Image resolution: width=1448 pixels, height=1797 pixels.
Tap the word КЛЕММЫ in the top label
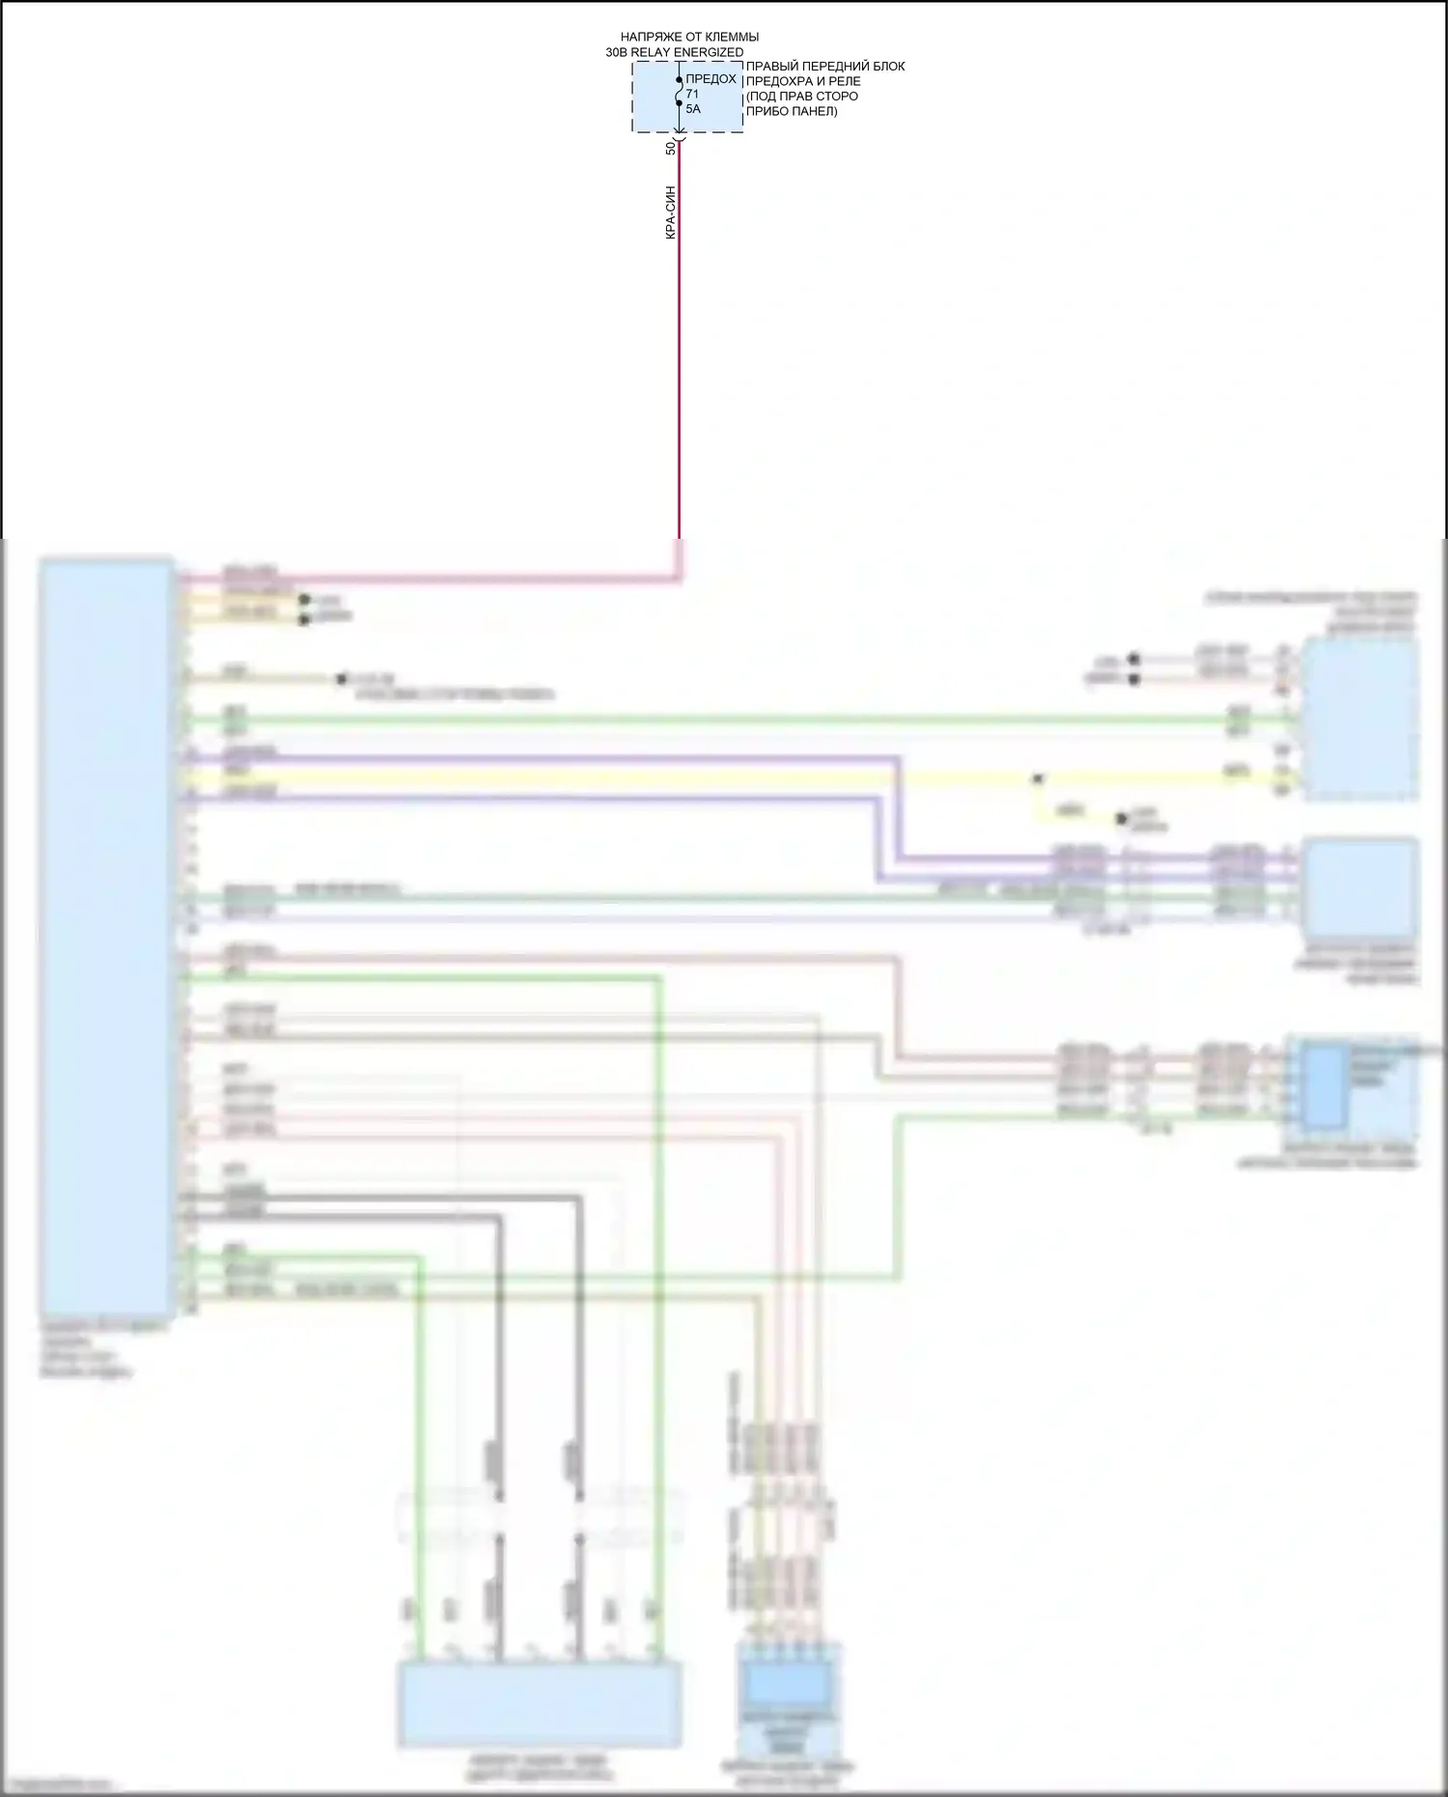coord(732,38)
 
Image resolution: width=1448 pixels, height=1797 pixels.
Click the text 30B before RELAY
coord(616,52)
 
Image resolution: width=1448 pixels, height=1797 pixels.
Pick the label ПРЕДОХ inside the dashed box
coord(710,79)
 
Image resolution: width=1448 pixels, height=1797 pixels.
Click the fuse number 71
coord(692,94)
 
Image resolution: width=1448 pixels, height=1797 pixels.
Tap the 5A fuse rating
coord(693,109)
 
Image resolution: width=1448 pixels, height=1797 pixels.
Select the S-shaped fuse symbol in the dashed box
coord(679,92)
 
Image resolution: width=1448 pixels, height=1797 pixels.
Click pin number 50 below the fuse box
coord(671,148)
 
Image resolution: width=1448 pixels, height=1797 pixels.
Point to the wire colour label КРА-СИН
coord(671,212)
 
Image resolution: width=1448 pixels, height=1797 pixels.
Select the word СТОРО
coord(839,96)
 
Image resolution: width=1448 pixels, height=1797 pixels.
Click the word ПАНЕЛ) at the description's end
coord(816,111)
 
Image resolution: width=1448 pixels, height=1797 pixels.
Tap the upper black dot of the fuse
coord(679,80)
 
